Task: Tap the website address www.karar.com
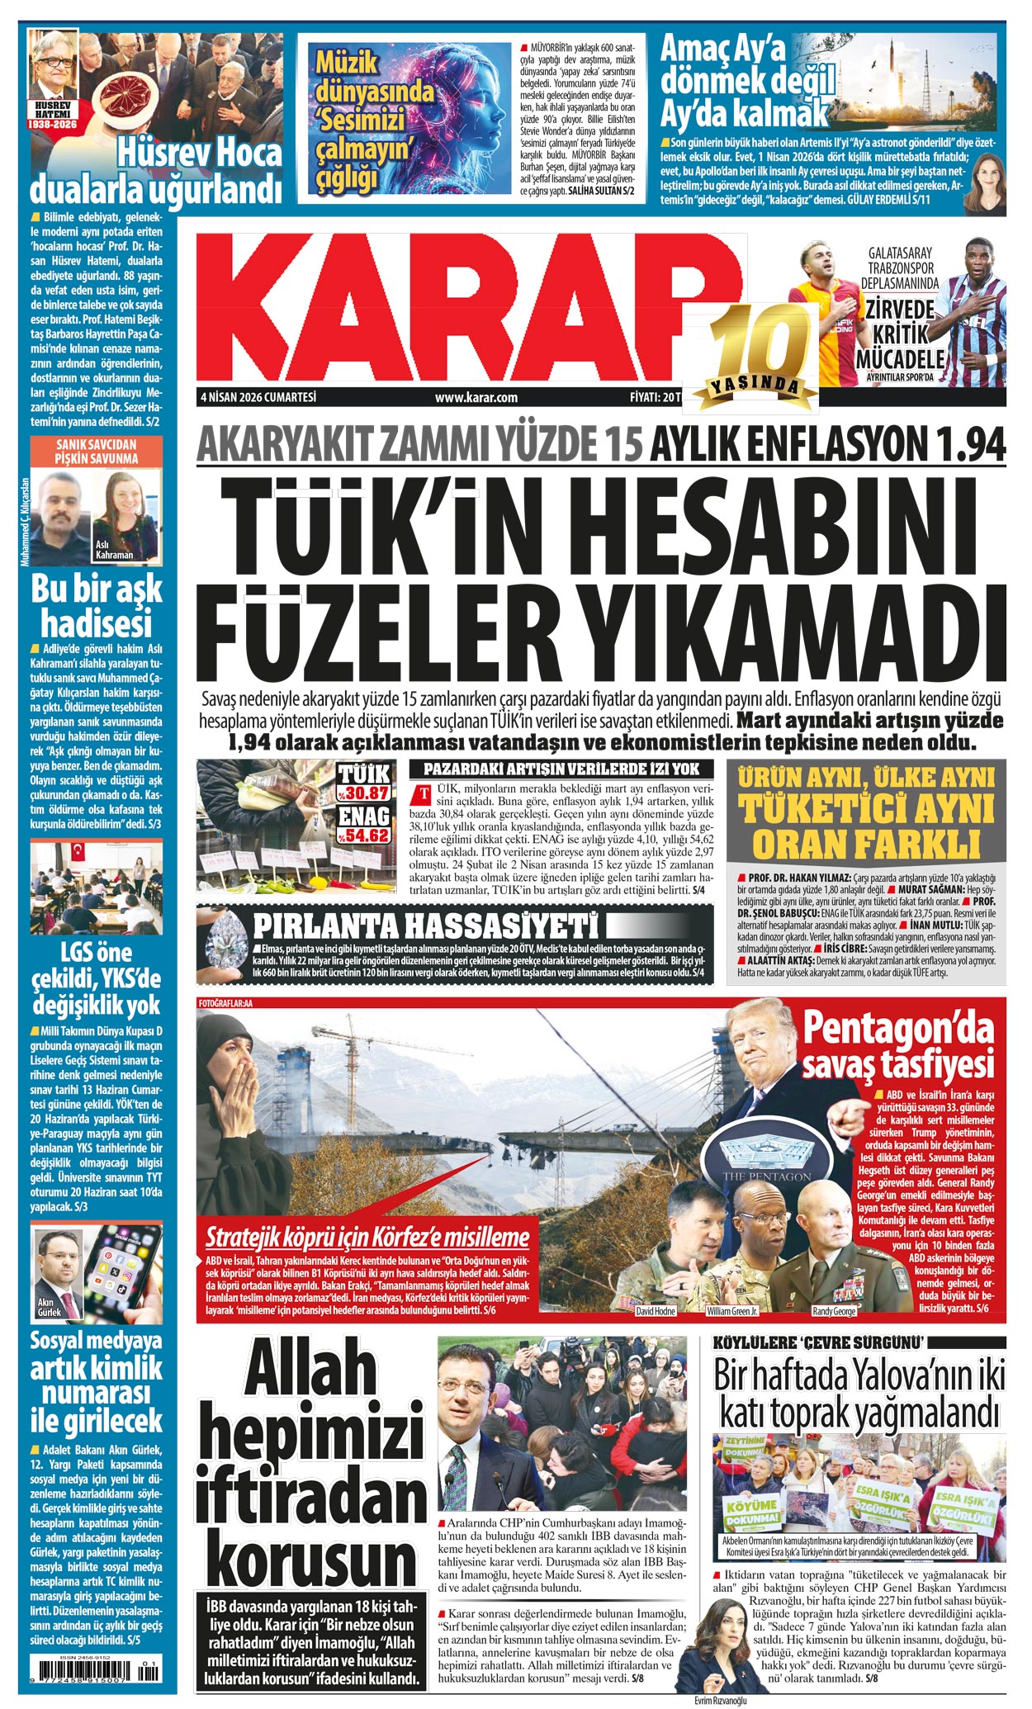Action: (476, 397)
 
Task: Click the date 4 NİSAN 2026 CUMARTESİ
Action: (258, 397)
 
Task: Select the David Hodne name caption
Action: (656, 1311)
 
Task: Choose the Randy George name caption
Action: (834, 1311)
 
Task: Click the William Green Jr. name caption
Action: (733, 1311)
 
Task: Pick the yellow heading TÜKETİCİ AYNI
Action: (866, 810)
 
